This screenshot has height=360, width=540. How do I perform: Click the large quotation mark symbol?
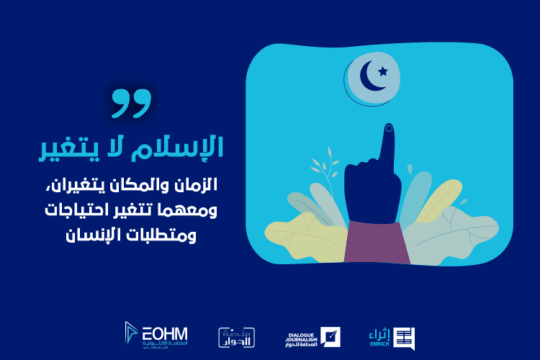pyautogui.click(x=132, y=104)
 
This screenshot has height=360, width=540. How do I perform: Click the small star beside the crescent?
pyautogui.click(x=382, y=71)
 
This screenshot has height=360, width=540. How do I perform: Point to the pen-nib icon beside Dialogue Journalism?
pyautogui.click(x=331, y=336)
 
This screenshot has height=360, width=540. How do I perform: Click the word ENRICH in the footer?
pyautogui.click(x=379, y=346)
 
